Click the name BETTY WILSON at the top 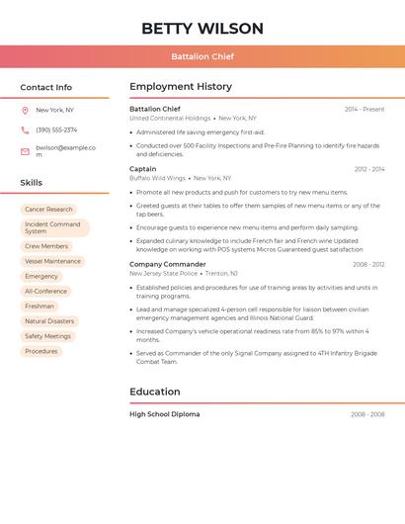tap(202, 28)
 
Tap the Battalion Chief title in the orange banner tap(202, 56)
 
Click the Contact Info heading tap(45, 87)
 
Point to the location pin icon tap(25, 111)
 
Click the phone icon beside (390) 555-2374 tap(25, 131)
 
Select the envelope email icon tap(25, 151)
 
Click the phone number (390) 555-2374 tap(56, 131)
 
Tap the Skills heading tap(32, 183)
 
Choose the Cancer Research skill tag tap(48, 210)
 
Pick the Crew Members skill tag tap(46, 246)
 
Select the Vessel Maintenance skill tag tap(52, 261)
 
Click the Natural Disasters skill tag tap(49, 321)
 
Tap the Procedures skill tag tap(41, 351)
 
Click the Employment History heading tap(181, 87)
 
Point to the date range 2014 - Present tap(364, 109)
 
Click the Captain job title tap(142, 169)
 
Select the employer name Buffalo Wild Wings tap(157, 178)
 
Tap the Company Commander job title tap(167, 264)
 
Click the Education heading tap(154, 392)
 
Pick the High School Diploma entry tap(164, 414)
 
